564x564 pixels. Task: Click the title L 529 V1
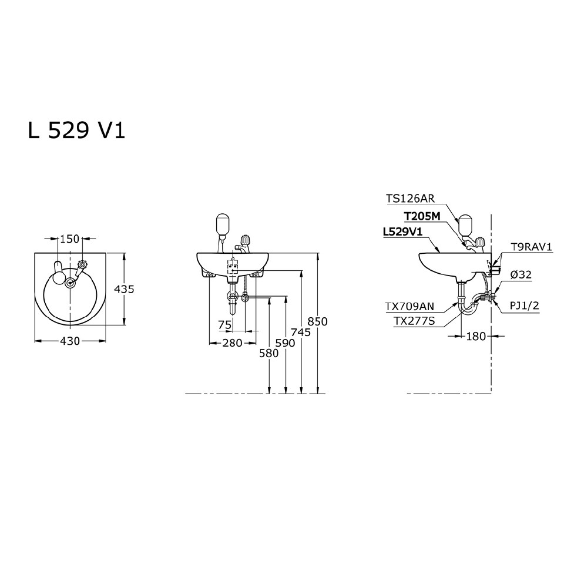pyautogui.click(x=76, y=130)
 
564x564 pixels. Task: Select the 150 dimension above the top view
pyautogui.click(x=69, y=239)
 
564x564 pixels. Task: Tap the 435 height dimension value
pyautogui.click(x=125, y=289)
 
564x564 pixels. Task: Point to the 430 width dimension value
pyautogui.click(x=69, y=341)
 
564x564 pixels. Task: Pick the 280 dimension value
pyautogui.click(x=232, y=343)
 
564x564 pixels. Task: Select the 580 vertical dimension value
pyautogui.click(x=269, y=354)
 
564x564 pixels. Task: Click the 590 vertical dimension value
pyautogui.click(x=286, y=343)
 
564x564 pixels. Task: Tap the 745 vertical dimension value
pyautogui.click(x=301, y=332)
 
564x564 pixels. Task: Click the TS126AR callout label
pyautogui.click(x=411, y=199)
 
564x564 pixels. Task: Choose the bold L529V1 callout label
pyautogui.click(x=403, y=232)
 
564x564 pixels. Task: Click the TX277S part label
pyautogui.click(x=414, y=321)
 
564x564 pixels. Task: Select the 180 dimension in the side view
pyautogui.click(x=476, y=336)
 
